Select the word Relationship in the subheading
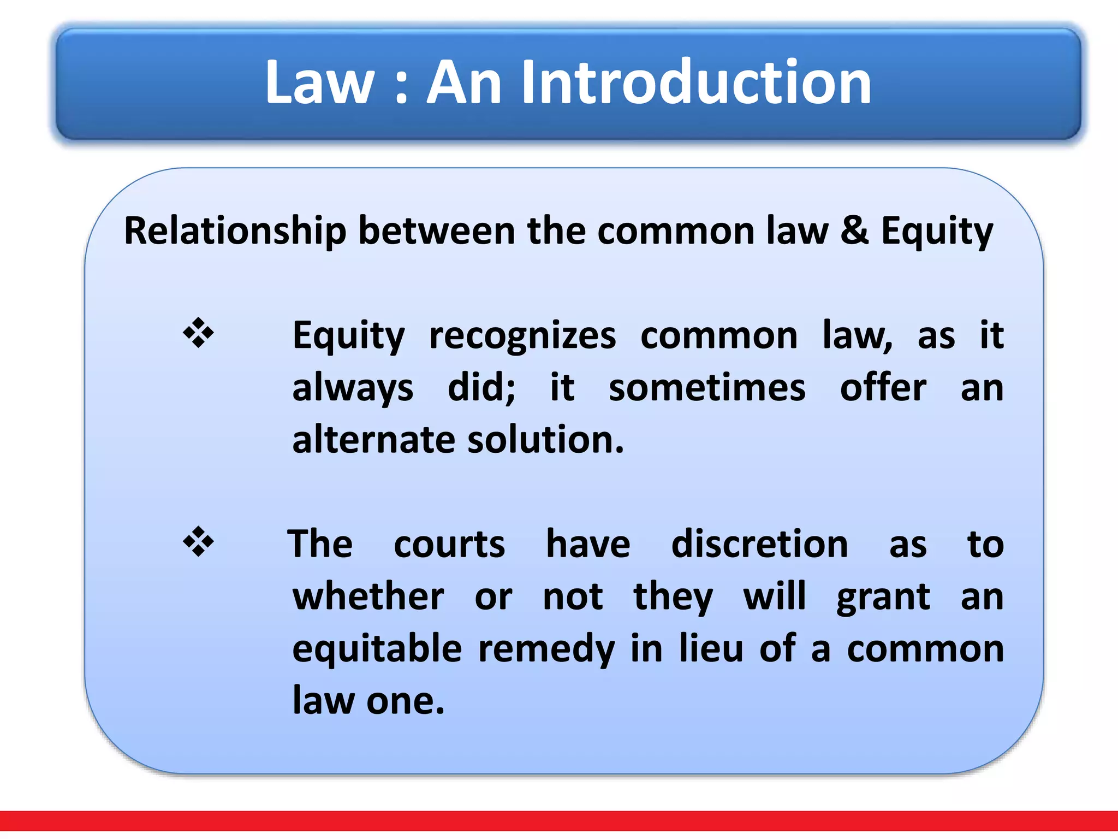[x=235, y=231]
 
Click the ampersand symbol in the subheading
[x=854, y=231]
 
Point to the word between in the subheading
[x=436, y=231]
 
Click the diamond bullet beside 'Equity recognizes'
[x=198, y=333]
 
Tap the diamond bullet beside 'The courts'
[x=198, y=541]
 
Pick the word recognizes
[x=522, y=336]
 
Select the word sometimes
[x=707, y=388]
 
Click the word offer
[x=883, y=388]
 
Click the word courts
[x=449, y=545]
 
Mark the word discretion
[x=759, y=545]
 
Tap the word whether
[x=368, y=596]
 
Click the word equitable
[x=377, y=649]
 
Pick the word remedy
[x=546, y=649]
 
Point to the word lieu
[x=711, y=649]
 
